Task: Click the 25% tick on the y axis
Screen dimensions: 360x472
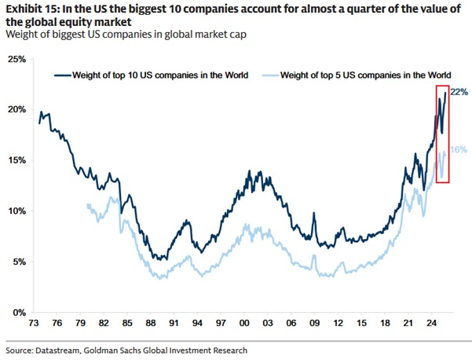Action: click(16, 59)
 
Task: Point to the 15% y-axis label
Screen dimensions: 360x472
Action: click(16, 160)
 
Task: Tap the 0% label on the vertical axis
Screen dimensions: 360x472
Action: click(19, 313)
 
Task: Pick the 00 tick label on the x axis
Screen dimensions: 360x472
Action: click(243, 323)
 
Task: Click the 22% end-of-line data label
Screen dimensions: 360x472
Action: click(459, 93)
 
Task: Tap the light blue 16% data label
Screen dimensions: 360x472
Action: click(459, 149)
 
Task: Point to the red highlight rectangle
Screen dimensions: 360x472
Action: click(442, 134)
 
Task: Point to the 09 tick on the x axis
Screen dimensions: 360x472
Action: click(314, 323)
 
